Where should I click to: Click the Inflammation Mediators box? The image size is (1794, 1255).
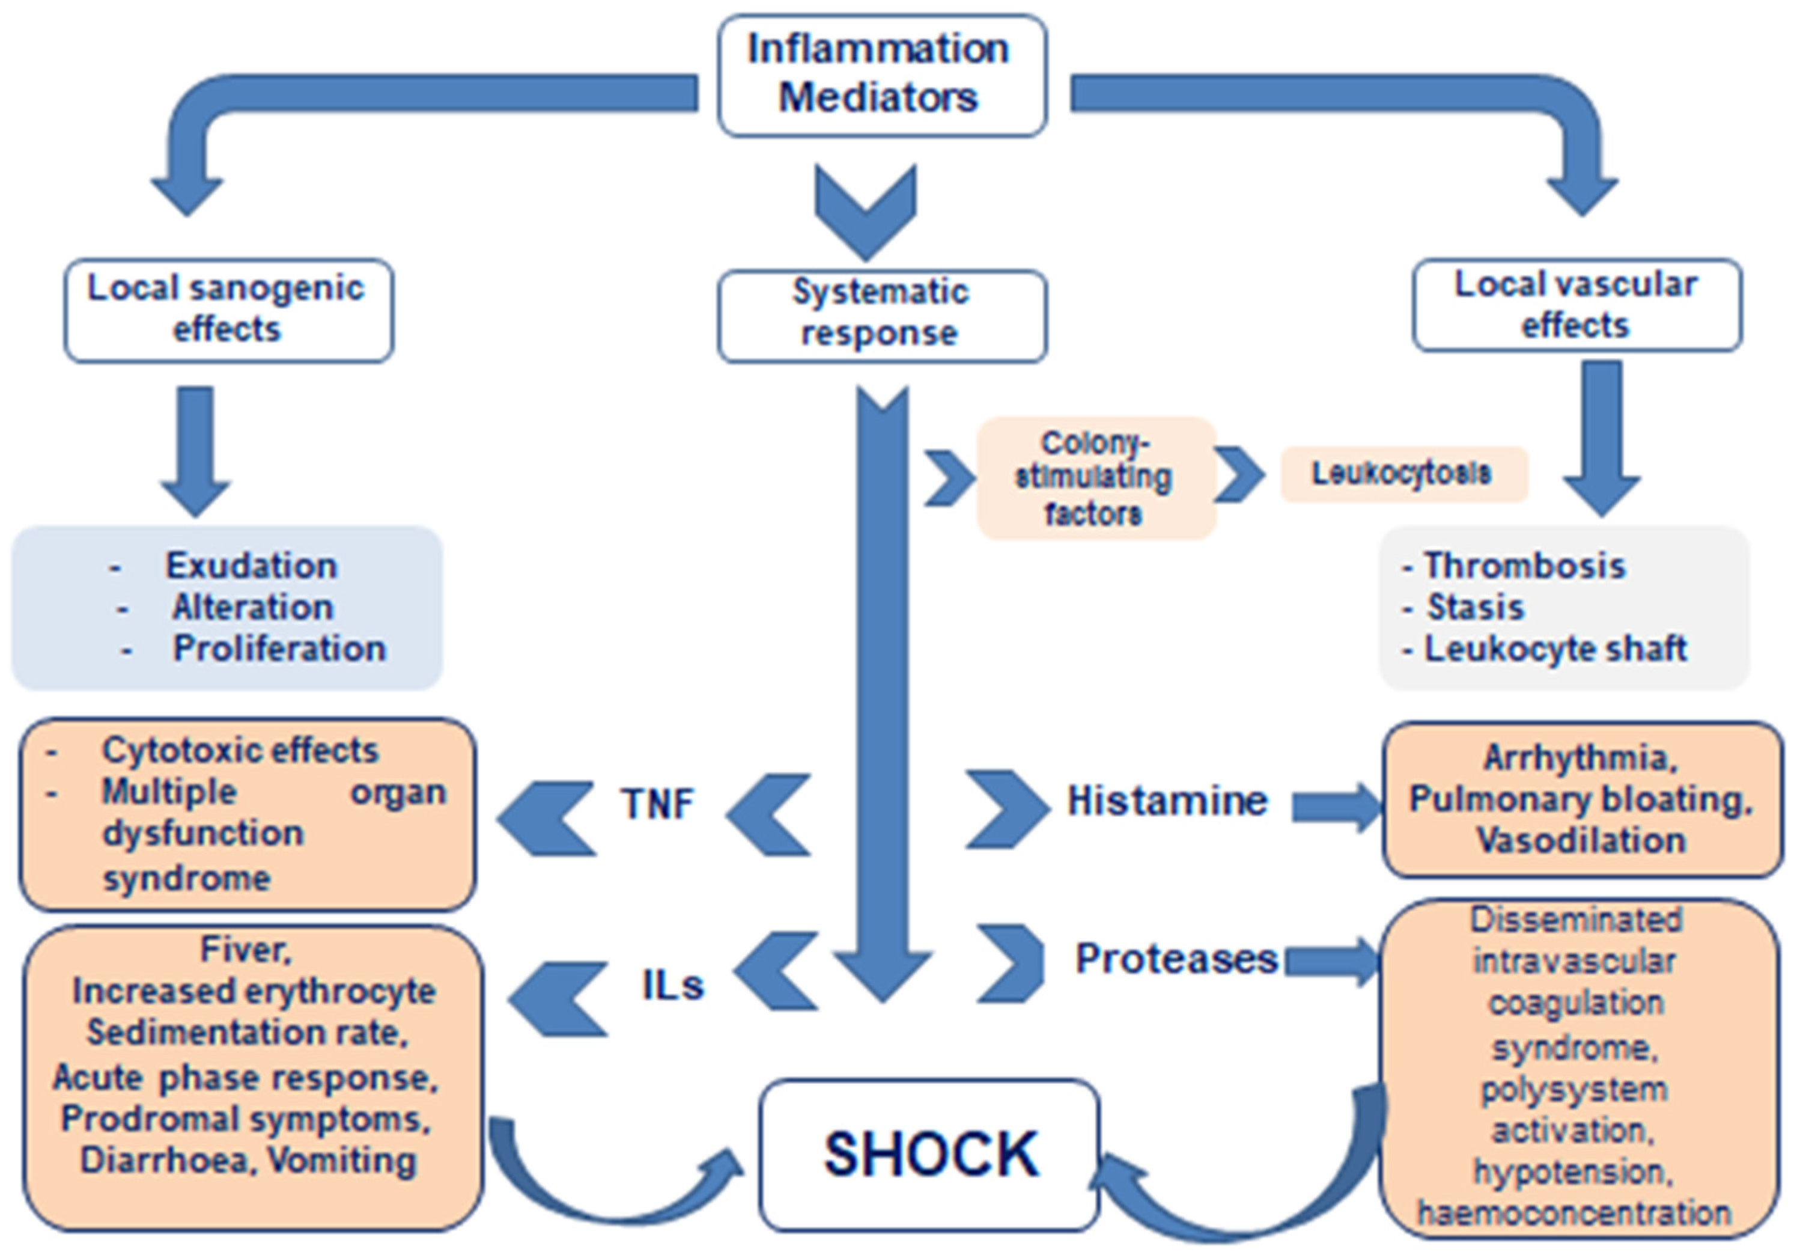pos(881,75)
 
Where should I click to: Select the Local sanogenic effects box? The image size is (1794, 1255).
pos(228,310)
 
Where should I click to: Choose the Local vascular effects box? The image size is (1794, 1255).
pos(1577,305)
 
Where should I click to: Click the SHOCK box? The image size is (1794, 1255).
pos(930,1153)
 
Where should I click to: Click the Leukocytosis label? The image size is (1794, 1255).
pos(1402,474)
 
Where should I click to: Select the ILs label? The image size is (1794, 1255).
pos(672,985)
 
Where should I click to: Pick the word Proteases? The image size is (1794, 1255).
pos(1175,959)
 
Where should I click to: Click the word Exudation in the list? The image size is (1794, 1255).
pos(252,565)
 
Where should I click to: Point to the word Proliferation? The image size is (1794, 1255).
pos(279,648)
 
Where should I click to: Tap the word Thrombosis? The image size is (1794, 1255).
pos(1524,565)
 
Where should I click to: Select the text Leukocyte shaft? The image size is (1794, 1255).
pos(1555,648)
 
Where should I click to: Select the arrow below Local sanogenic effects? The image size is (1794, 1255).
pos(195,450)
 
